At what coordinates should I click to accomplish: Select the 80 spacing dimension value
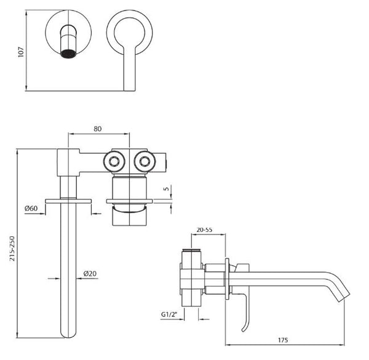click(98, 129)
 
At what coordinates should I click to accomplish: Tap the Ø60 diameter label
click(31, 209)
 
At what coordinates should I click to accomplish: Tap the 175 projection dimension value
click(283, 339)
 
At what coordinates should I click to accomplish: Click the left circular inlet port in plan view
click(114, 162)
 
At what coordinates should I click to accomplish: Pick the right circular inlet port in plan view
click(145, 162)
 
